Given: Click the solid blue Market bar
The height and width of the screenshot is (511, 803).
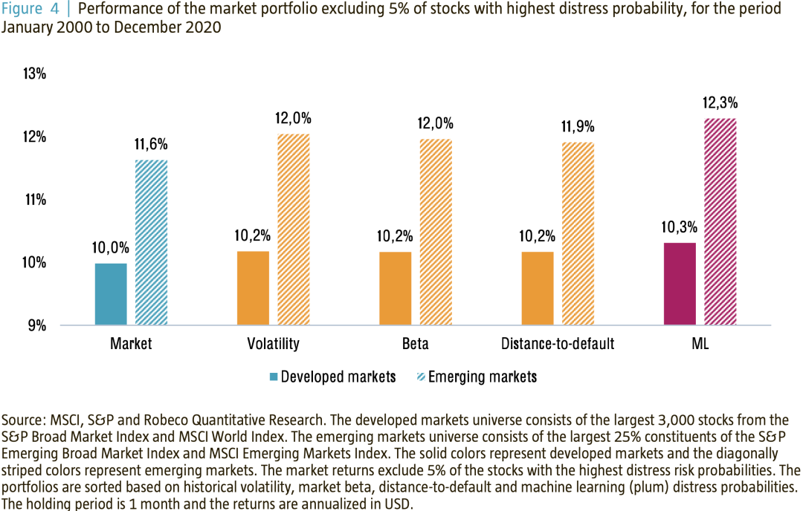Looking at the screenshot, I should [x=111, y=294].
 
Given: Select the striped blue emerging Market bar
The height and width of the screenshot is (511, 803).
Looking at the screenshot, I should [x=151, y=242].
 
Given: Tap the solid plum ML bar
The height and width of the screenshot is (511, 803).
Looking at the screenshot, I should [x=680, y=284].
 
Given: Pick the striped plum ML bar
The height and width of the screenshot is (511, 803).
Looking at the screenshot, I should [x=720, y=221].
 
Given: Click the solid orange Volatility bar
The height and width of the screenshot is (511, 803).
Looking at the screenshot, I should [x=253, y=288].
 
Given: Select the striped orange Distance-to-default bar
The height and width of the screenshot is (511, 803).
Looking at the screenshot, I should [x=578, y=233].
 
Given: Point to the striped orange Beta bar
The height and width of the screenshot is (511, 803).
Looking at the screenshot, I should [x=436, y=232].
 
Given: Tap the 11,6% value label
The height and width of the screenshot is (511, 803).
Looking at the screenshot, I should [x=151, y=145].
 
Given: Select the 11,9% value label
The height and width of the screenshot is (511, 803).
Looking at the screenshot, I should [x=578, y=127].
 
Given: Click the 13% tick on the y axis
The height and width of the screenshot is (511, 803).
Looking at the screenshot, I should [x=36, y=74].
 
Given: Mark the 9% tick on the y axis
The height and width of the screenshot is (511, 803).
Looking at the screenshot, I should [x=39, y=325].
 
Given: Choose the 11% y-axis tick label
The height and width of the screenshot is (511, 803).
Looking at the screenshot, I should [x=36, y=200].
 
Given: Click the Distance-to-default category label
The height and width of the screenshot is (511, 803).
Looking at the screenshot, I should [x=558, y=344].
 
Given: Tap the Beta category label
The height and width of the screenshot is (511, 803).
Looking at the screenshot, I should [x=416, y=344].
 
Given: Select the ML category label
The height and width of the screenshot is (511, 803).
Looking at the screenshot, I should [x=700, y=344].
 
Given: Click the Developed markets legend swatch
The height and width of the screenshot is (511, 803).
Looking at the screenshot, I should [x=274, y=377].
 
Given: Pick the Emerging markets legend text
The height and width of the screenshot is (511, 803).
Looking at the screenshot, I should [x=482, y=377].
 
